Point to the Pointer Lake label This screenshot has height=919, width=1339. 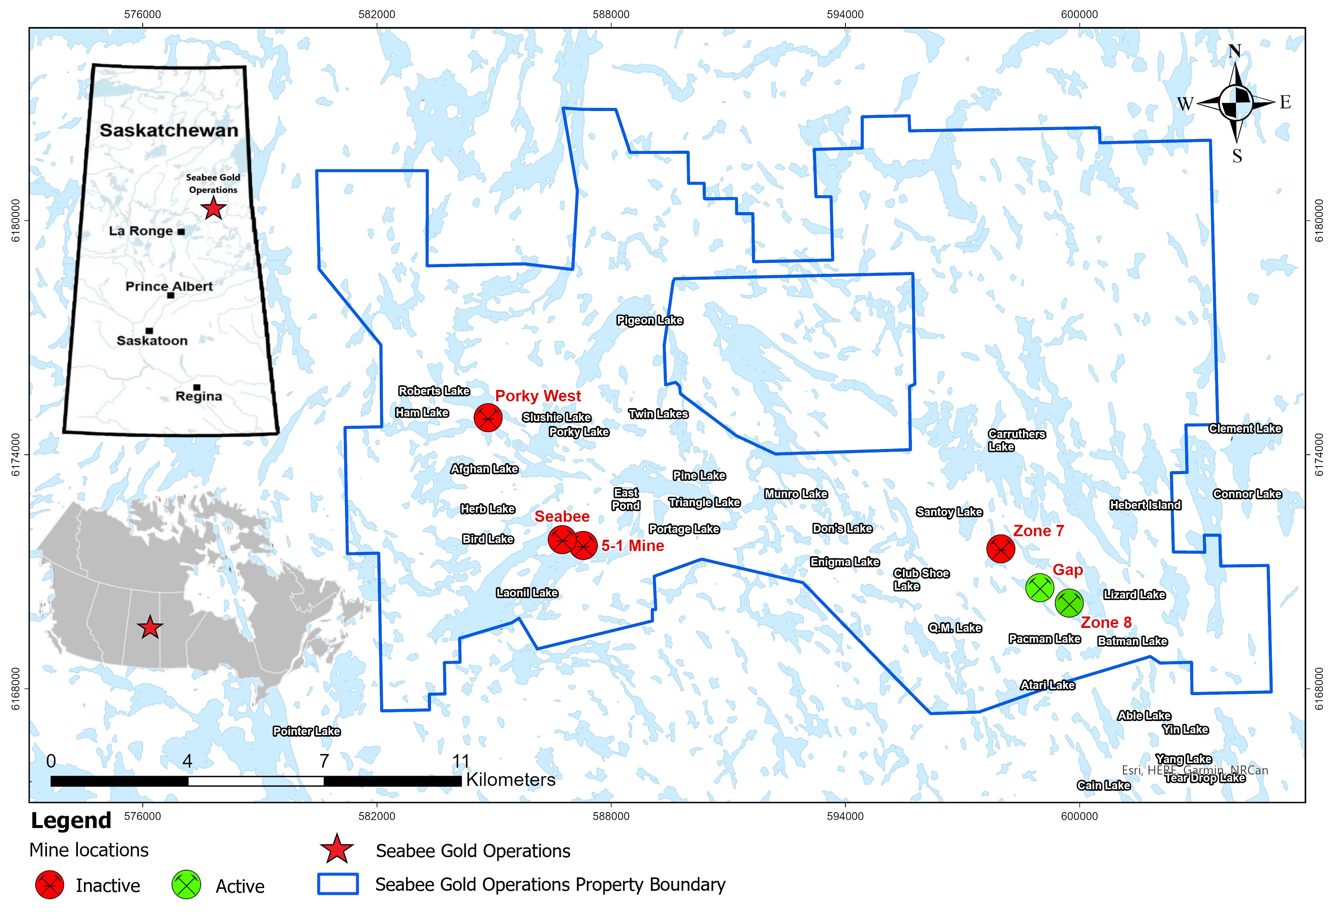(307, 731)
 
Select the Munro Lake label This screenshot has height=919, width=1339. (796, 494)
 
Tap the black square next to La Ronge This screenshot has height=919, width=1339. (181, 232)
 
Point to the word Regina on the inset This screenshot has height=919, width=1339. (199, 396)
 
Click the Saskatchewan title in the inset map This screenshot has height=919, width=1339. (169, 130)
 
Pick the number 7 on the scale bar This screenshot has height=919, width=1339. (324, 761)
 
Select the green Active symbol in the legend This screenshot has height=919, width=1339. (186, 885)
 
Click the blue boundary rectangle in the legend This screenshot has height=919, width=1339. (338, 884)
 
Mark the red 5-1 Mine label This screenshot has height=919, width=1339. (632, 546)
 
